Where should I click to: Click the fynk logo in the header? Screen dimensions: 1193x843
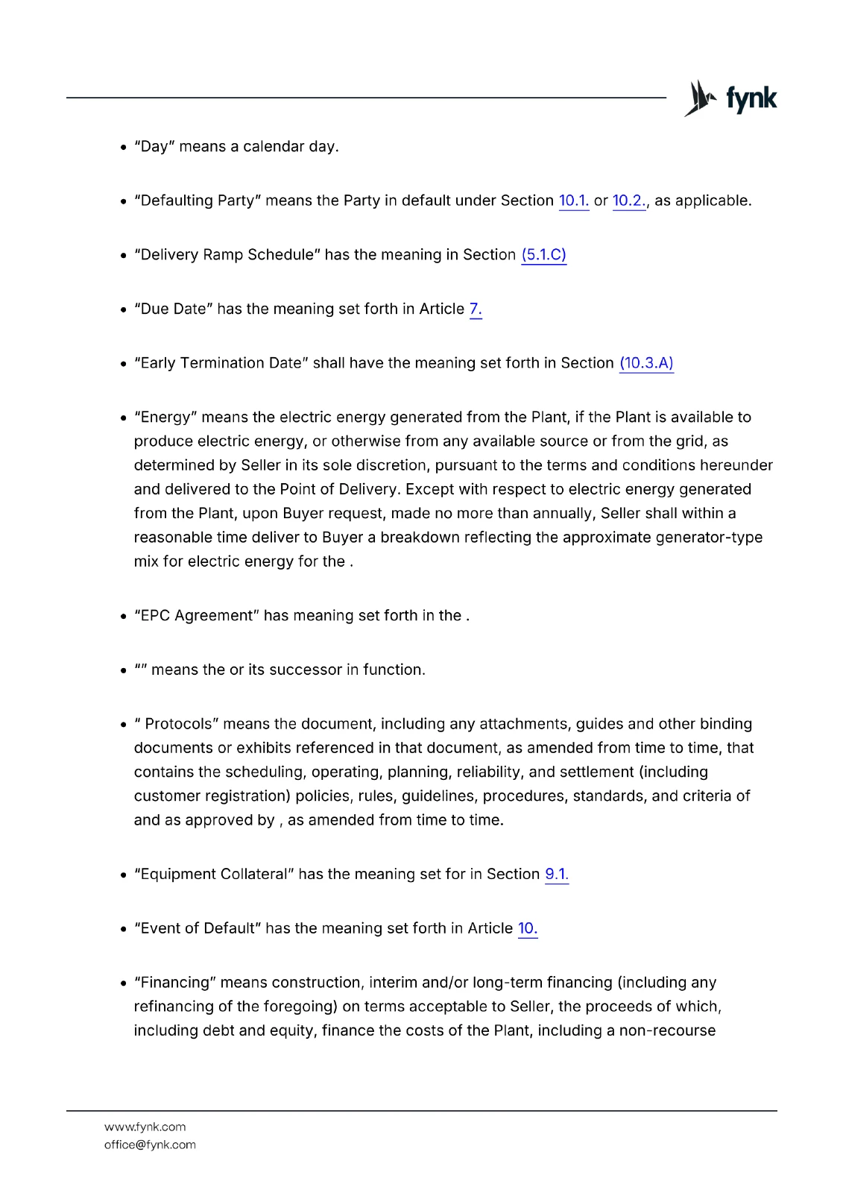(x=730, y=98)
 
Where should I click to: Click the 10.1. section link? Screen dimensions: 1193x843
(x=573, y=201)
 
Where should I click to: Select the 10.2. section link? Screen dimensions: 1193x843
(x=628, y=201)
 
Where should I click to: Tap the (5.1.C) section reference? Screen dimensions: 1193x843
(x=543, y=255)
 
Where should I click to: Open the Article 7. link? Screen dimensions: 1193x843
(x=476, y=309)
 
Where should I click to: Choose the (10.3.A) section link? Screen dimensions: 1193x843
(x=646, y=363)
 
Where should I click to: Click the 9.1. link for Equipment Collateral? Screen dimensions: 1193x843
(x=556, y=874)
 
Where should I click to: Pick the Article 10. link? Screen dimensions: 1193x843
(x=527, y=928)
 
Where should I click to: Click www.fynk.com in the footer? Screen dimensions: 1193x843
(x=145, y=1127)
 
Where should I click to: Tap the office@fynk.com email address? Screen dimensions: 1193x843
(x=150, y=1145)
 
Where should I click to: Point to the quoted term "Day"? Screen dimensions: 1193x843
(x=154, y=147)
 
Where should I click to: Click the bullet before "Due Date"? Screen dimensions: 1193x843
(x=123, y=309)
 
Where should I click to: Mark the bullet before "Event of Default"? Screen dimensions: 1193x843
(x=123, y=929)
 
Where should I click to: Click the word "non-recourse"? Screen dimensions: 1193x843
(x=667, y=1030)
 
